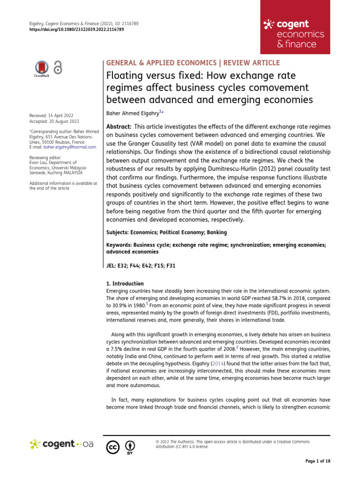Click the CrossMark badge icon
point(42,68)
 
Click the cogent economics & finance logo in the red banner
point(293,34)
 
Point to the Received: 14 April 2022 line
point(51,115)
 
